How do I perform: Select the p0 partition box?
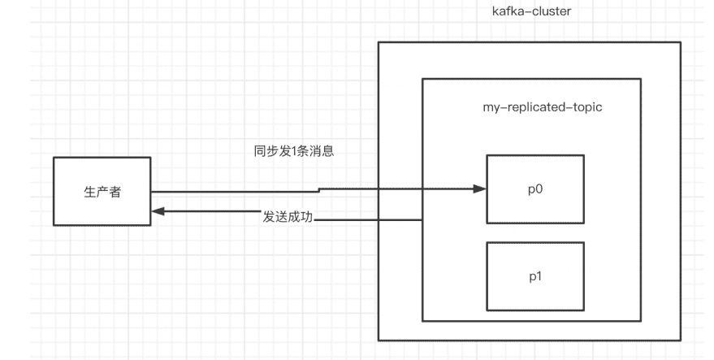point(535,188)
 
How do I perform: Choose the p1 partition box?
point(535,276)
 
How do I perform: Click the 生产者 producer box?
point(102,192)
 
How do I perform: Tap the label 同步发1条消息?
point(294,151)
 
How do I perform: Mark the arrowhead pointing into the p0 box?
point(479,189)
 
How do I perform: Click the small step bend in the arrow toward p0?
point(318,191)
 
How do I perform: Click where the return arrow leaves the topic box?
point(422,218)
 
